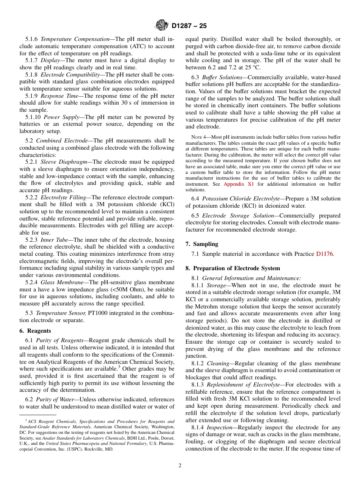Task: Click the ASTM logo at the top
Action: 162,26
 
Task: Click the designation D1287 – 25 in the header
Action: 189,26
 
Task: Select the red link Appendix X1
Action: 238,184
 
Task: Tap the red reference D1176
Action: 324,254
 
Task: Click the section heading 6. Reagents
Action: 35,331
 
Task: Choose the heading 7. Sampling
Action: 202,244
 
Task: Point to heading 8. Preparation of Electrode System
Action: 233,268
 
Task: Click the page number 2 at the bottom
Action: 180,466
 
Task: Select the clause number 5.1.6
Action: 31,39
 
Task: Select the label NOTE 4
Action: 194,137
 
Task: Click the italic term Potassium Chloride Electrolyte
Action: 240,199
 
